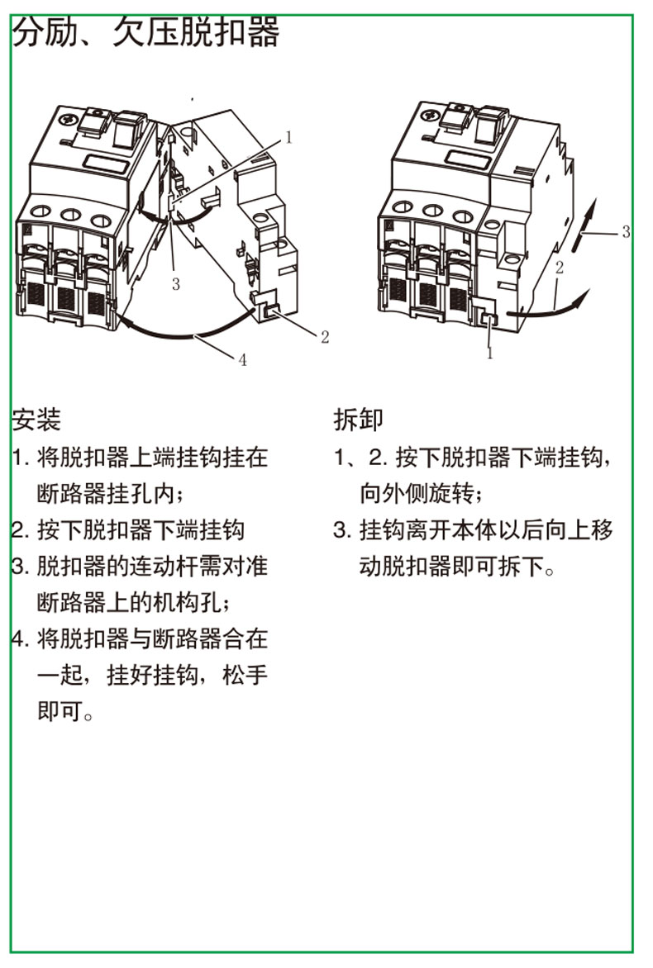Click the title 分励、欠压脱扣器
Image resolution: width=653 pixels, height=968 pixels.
(145, 31)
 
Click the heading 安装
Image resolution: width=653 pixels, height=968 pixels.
(36, 420)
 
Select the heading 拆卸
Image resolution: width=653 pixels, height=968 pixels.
(358, 420)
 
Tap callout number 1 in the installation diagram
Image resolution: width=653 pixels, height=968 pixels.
(288, 137)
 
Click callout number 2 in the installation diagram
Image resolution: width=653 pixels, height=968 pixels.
(325, 337)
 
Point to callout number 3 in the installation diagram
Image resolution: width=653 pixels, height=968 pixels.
(176, 284)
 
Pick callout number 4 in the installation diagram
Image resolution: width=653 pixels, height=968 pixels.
(243, 360)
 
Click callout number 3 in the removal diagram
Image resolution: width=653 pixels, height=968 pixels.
(626, 231)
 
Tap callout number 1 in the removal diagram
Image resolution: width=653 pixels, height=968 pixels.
(490, 354)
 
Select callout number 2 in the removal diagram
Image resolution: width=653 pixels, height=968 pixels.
(560, 268)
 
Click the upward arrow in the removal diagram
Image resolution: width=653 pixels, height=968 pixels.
(585, 224)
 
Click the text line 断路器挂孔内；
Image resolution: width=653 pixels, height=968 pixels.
(111, 494)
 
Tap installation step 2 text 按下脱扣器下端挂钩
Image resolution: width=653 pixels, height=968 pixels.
(141, 530)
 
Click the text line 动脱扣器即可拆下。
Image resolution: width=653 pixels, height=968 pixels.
(457, 567)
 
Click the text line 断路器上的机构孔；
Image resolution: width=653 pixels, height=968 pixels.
(134, 603)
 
